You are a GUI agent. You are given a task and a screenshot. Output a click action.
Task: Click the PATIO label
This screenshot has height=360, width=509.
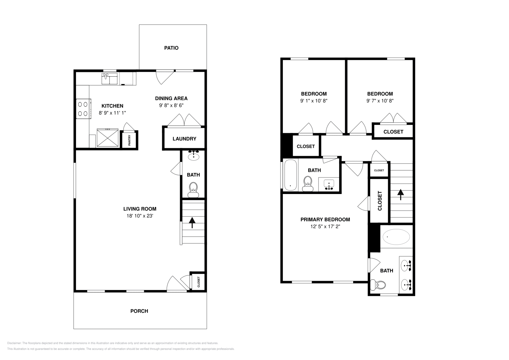pos(171,48)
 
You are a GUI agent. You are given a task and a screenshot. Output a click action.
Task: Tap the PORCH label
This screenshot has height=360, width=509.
pos(139,311)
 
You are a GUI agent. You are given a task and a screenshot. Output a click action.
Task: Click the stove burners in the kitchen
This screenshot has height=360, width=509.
pos(83,108)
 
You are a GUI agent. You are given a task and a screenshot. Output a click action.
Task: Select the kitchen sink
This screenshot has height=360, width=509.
pos(109,79)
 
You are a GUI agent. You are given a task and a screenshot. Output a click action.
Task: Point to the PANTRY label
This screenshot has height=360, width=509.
pos(129,140)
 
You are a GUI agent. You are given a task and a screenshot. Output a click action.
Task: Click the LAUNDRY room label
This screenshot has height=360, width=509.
pos(184,139)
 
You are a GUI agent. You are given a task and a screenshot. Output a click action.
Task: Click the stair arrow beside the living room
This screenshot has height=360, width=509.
pos(192,222)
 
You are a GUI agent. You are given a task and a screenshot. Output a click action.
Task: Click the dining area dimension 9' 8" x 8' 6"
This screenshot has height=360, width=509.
pos(171,105)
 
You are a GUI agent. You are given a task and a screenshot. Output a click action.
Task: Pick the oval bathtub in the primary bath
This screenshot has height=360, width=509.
pos(396,237)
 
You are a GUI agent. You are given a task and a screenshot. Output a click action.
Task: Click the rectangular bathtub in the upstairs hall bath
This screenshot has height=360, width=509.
pos(290,175)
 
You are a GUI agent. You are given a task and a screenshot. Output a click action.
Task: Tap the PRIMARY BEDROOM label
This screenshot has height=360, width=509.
pos(325,219)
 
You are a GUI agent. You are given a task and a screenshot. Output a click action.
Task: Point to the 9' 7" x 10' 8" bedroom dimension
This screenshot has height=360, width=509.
pos(380,101)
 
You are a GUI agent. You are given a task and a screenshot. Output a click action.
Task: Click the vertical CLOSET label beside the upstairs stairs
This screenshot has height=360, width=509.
pos(380,201)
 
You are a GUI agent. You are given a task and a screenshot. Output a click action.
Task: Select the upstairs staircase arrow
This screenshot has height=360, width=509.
pos(400,194)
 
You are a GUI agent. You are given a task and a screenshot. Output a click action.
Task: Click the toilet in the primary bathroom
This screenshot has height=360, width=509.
pos(378,285)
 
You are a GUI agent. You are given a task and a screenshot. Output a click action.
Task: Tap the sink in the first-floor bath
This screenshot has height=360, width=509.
pos(193,156)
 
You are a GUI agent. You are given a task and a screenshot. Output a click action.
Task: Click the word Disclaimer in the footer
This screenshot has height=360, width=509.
pos(14,343)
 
